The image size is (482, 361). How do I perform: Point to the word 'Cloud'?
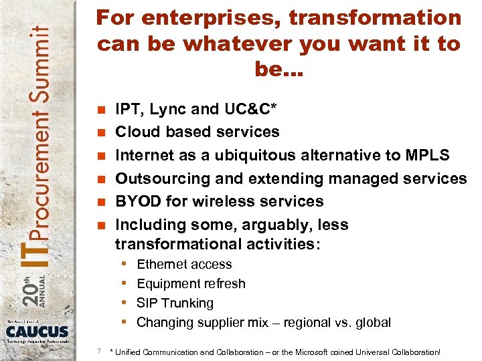(135, 132)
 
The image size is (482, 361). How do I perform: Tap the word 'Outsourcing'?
(157, 178)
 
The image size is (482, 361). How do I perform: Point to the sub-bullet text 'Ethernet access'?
(184, 265)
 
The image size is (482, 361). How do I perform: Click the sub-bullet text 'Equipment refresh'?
(191, 284)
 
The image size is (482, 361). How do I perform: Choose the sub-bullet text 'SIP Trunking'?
(175, 303)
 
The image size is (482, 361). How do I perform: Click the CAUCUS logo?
(37, 330)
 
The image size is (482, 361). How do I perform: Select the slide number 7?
(98, 350)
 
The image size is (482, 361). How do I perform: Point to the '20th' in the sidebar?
(28, 286)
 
